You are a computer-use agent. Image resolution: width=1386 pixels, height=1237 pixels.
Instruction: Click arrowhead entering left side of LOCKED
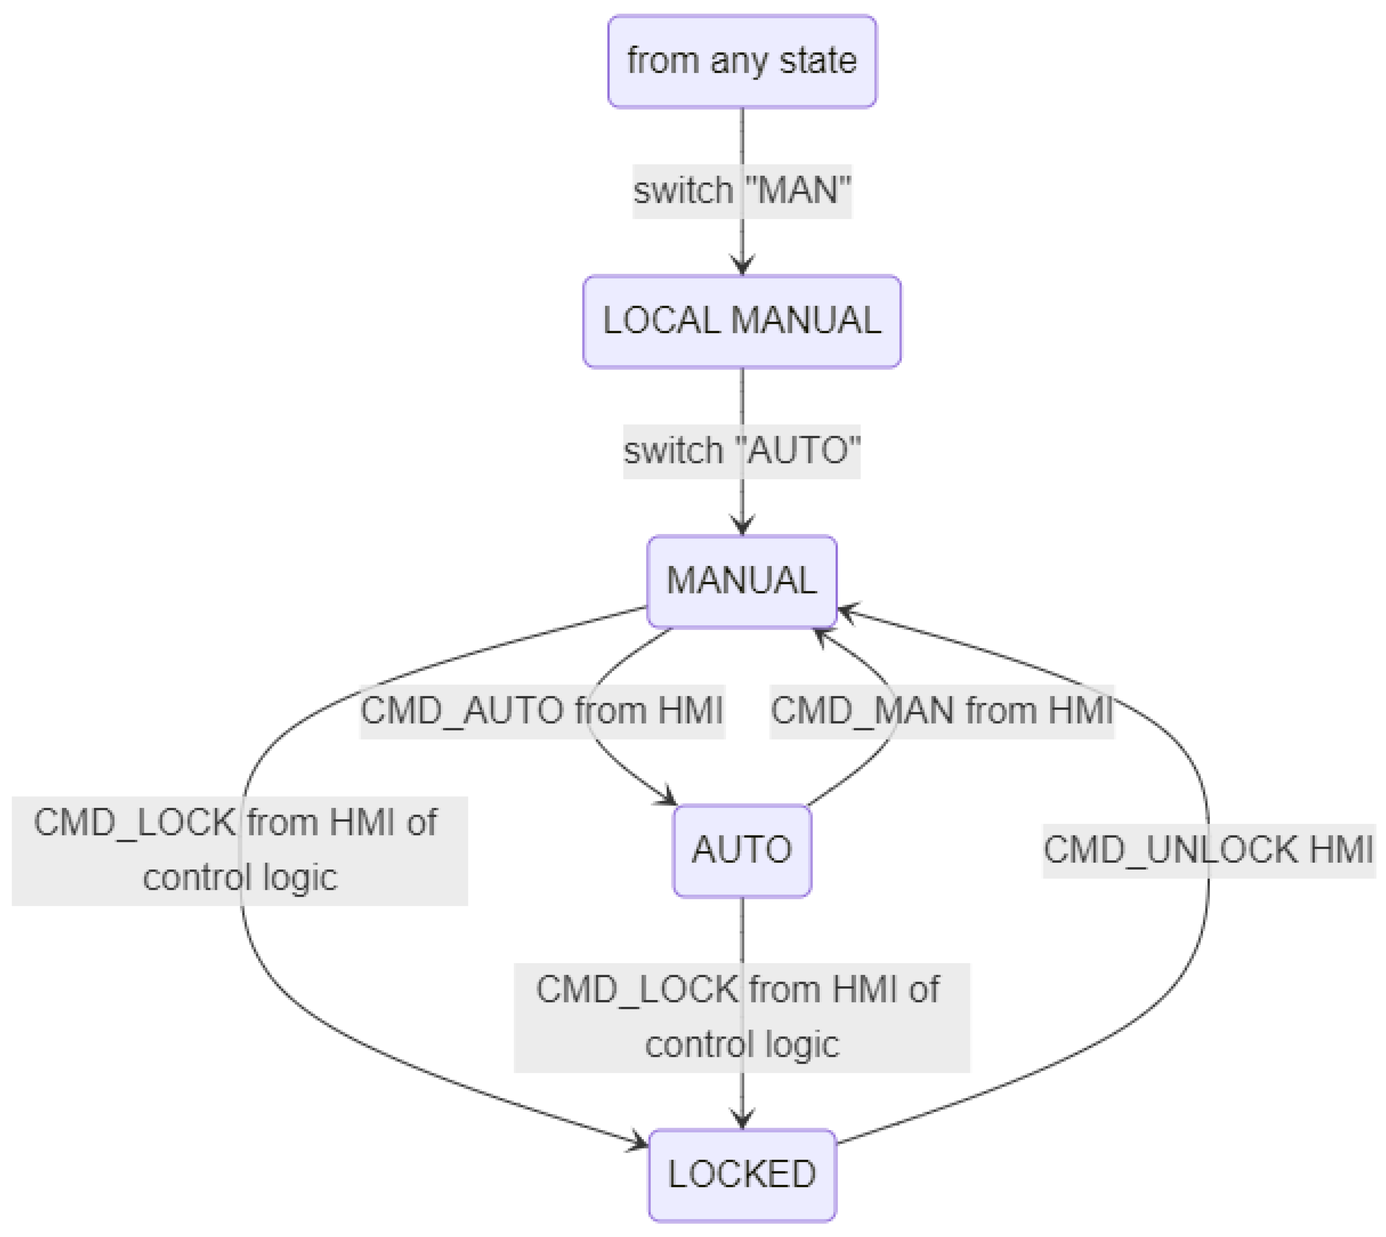pyautogui.click(x=639, y=1144)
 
